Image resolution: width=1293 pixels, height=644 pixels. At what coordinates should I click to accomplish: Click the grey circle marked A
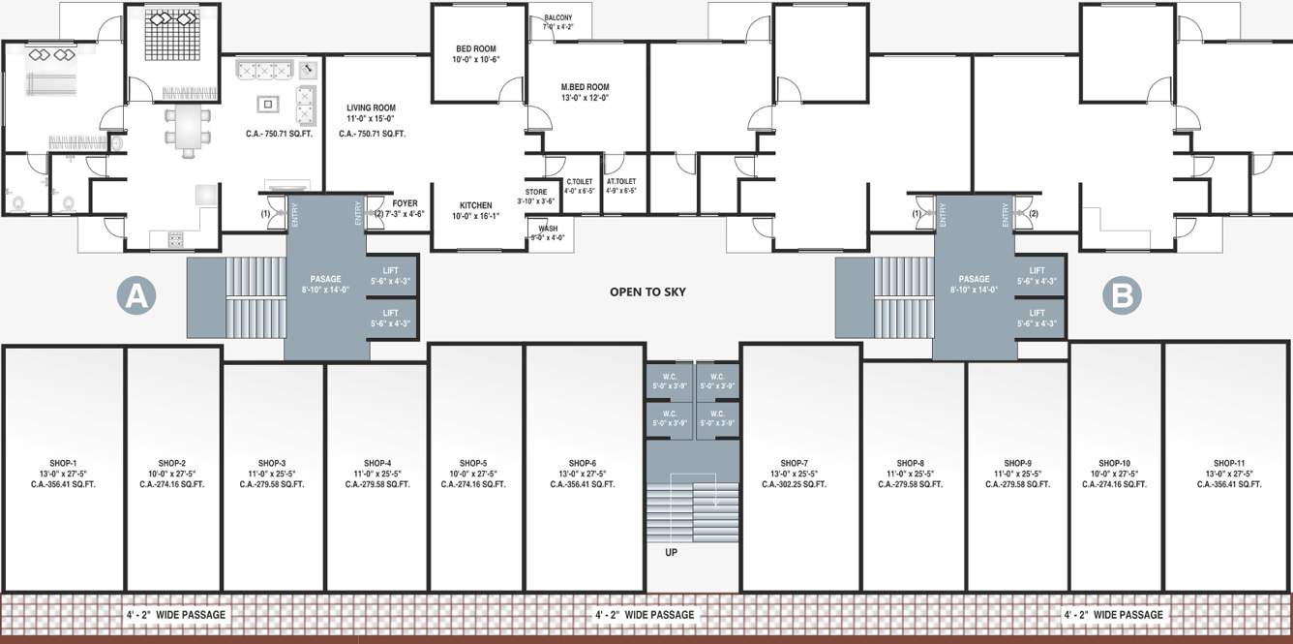[x=136, y=295]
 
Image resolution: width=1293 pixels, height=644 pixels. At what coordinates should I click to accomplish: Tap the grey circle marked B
[x=1122, y=295]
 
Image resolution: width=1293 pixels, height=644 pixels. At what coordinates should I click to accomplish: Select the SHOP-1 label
[x=64, y=463]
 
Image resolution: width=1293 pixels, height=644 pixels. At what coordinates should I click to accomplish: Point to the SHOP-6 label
[x=583, y=463]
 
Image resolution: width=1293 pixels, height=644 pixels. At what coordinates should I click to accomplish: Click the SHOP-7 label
[x=794, y=463]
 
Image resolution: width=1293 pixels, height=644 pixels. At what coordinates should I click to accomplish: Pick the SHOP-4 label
[x=377, y=463]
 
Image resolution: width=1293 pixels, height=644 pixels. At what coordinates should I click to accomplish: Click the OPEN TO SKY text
[x=647, y=291]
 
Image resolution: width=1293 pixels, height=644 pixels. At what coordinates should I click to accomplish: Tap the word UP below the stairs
[x=671, y=552]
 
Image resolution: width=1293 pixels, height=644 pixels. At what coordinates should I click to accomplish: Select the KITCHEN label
[x=475, y=205]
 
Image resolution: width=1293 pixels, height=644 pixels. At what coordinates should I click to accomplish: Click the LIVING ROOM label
[x=372, y=108]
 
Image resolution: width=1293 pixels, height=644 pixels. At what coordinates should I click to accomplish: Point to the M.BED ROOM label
[x=585, y=86]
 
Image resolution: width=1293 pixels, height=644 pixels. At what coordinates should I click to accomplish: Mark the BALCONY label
[x=557, y=17]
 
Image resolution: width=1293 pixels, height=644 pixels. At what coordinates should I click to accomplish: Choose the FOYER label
[x=405, y=203]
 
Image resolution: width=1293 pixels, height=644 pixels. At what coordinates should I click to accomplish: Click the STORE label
[x=536, y=192]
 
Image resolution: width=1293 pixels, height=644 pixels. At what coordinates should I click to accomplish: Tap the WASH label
[x=547, y=229]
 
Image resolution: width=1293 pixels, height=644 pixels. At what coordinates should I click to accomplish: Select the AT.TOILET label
[x=621, y=181]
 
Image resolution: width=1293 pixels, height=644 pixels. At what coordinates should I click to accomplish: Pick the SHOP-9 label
[x=1017, y=463]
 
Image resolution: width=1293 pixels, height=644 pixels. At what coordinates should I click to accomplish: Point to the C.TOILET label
[x=579, y=181]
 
